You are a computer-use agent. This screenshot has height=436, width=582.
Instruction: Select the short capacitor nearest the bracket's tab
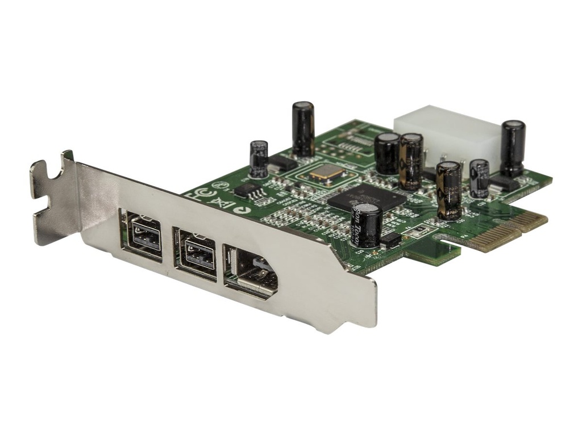259,159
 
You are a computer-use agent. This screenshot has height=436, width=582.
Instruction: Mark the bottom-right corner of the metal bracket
372,325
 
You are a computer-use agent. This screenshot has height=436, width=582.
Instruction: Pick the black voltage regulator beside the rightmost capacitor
503,182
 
